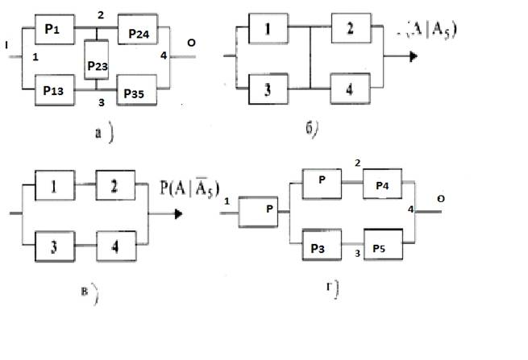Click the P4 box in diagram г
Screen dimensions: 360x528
coord(382,185)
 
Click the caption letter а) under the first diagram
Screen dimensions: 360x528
coord(98,133)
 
